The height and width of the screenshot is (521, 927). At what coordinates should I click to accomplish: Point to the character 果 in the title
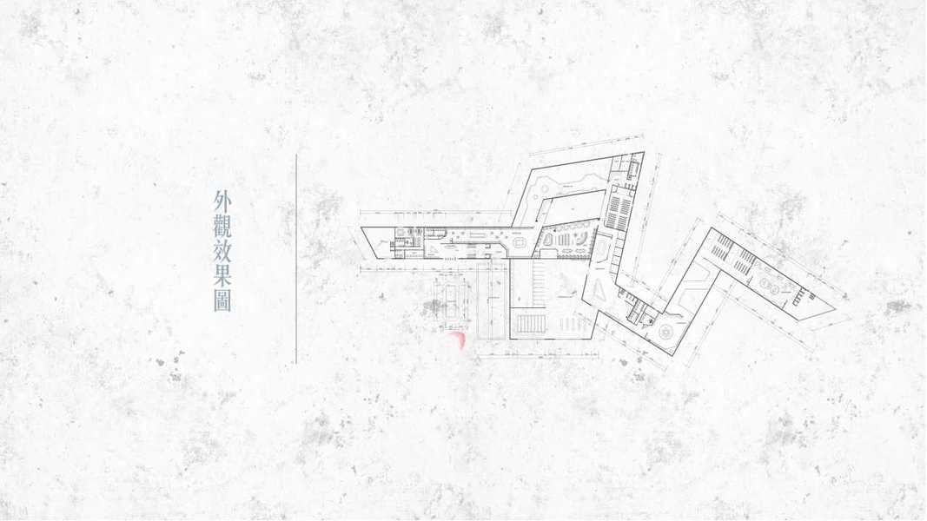222,276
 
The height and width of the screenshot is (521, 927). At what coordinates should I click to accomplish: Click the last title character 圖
222,301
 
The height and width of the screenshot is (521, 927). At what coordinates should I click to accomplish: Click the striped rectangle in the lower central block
529,324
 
